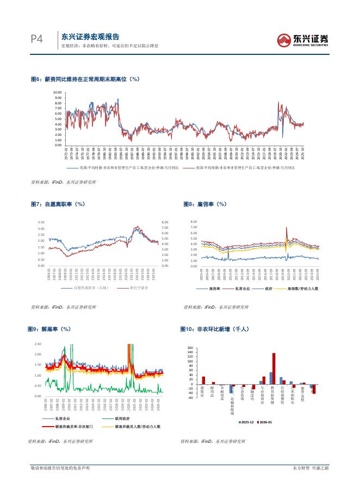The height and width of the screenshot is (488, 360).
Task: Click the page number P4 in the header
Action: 36,39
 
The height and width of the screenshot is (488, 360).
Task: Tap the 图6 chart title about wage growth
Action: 85,79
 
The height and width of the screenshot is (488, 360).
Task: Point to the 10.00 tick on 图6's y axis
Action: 58,93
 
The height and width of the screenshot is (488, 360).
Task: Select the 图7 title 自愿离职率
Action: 58,204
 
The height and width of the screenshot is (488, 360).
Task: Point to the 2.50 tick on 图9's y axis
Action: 38,345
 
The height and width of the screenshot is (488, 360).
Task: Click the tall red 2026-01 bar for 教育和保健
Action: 274,369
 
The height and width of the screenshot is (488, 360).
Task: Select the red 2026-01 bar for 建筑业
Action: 203,380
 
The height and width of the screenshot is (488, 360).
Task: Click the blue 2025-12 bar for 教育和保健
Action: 270,378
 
